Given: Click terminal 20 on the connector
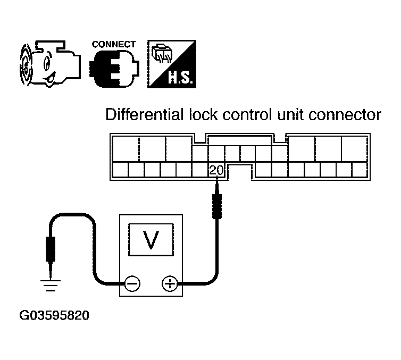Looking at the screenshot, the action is click(216, 170).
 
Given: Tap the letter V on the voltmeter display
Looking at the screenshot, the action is click(151, 240).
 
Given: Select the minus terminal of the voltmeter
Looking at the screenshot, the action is click(132, 283).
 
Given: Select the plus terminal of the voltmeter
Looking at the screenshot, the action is click(170, 283).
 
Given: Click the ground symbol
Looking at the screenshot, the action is click(51, 286).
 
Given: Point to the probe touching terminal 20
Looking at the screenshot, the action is click(217, 199).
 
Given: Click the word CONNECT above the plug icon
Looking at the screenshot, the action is click(114, 45).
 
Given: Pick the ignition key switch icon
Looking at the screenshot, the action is click(50, 64).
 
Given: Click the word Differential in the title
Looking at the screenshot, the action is click(145, 114).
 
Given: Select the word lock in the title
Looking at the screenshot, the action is click(203, 114).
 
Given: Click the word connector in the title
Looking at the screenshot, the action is click(345, 115).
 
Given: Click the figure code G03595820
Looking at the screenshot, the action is click(54, 315).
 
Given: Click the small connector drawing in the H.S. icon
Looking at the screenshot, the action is click(162, 53).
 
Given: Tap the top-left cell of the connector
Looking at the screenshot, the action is click(126, 149).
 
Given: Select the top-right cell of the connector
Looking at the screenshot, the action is click(354, 149).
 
